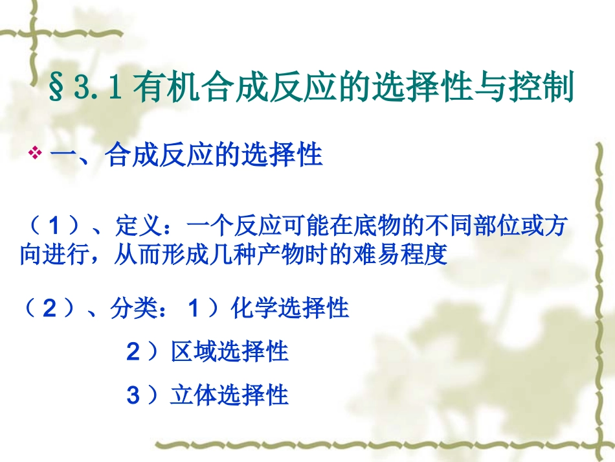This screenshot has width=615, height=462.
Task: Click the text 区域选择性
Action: [229, 352]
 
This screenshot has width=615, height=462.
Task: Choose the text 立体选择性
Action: [229, 395]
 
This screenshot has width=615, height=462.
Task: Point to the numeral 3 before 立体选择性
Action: [133, 395]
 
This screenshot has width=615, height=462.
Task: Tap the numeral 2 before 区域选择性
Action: [133, 352]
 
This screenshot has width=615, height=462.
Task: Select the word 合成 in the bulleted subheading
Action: [129, 156]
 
